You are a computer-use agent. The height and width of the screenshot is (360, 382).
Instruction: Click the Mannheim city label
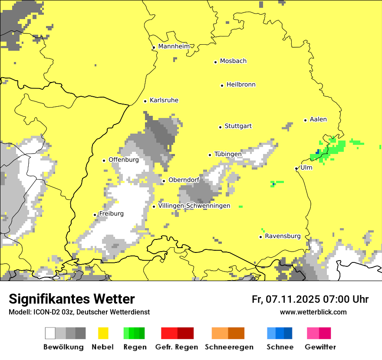click(x=174, y=46)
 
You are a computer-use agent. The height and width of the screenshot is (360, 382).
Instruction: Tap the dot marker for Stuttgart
click(x=220, y=127)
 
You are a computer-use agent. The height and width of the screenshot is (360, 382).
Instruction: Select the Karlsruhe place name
click(x=164, y=100)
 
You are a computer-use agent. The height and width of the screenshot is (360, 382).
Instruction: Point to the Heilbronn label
click(x=241, y=85)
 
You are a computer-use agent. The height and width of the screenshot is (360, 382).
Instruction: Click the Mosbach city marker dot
click(x=215, y=62)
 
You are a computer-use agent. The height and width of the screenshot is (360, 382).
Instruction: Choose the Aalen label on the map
click(x=318, y=119)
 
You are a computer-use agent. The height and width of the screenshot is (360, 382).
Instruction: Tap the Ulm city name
click(x=306, y=167)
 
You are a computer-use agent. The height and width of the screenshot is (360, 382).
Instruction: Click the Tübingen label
click(x=228, y=154)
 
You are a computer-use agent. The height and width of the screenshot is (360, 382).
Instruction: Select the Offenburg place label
click(x=124, y=160)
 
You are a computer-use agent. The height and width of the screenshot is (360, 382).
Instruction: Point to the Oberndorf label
click(x=184, y=180)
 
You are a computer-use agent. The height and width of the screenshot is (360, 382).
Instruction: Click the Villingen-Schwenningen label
click(x=194, y=206)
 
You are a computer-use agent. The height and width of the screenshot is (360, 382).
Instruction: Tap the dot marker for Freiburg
click(x=95, y=215)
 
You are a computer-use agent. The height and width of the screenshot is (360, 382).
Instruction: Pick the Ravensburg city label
click(x=283, y=236)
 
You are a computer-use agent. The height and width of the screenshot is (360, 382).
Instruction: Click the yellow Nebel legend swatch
click(x=103, y=333)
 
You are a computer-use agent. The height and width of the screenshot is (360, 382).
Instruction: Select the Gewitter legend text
click(x=320, y=347)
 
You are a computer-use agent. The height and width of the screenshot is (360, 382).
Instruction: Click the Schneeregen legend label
click(x=229, y=347)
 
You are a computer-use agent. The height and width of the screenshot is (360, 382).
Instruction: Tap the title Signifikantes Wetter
click(x=72, y=299)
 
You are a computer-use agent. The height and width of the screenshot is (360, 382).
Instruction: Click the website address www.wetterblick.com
click(x=313, y=312)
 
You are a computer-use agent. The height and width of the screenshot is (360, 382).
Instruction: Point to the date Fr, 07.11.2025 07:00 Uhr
click(x=310, y=299)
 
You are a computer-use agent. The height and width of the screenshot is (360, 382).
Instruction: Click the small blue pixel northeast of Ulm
click(x=318, y=151)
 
